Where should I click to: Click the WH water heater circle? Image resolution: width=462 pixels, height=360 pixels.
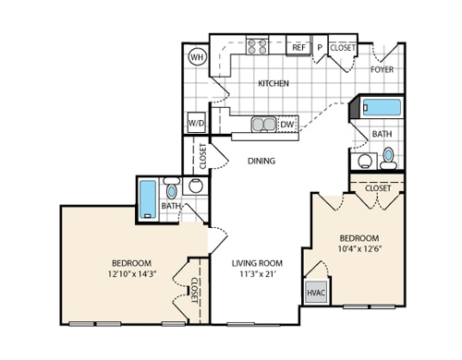point(197,57)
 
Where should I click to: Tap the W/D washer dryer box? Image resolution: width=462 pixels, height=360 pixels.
point(197,122)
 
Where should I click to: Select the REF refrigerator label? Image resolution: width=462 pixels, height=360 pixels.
point(298,47)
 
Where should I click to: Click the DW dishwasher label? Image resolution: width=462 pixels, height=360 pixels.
point(287,124)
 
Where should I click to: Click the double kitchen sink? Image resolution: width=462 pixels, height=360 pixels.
point(263,124)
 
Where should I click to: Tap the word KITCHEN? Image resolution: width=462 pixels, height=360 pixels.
point(273,83)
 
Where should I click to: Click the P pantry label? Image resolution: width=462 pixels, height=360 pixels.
point(320,47)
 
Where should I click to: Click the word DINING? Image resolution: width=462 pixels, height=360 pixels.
point(263,161)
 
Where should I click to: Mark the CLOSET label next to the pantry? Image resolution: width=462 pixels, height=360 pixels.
point(343,47)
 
